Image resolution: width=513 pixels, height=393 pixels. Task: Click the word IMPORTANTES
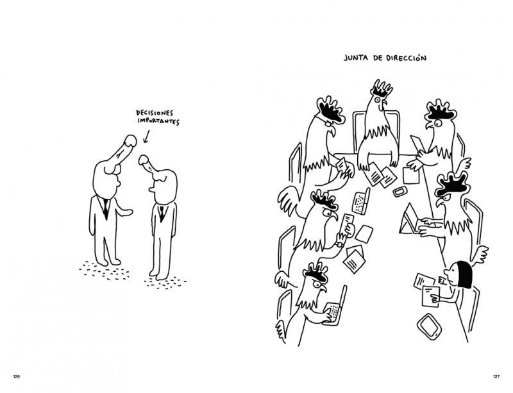158,121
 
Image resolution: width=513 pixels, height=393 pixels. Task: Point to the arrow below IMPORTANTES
146,137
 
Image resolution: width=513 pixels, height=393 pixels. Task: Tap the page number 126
17,376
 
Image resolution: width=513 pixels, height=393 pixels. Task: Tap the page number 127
496,376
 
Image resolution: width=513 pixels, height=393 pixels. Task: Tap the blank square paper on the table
411,176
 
